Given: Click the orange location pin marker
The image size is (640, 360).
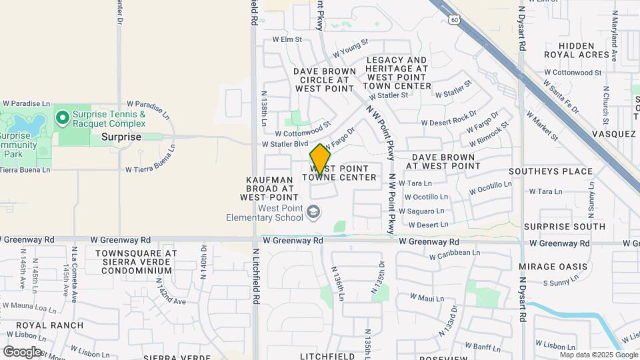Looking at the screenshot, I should click(x=320, y=159).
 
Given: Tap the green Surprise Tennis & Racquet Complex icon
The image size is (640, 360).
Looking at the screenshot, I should click(x=63, y=119).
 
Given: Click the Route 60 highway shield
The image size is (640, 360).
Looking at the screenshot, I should click(x=454, y=20).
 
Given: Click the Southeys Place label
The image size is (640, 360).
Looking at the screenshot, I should click(x=550, y=171).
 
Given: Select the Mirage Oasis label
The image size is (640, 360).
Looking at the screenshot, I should click(x=553, y=267).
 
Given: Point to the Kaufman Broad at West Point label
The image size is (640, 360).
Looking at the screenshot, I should click(x=269, y=189).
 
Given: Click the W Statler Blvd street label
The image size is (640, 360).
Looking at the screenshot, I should click(x=285, y=144).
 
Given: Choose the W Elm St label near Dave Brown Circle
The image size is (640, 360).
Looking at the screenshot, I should click(x=287, y=40).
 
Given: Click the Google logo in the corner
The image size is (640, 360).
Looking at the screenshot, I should click(x=22, y=352).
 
